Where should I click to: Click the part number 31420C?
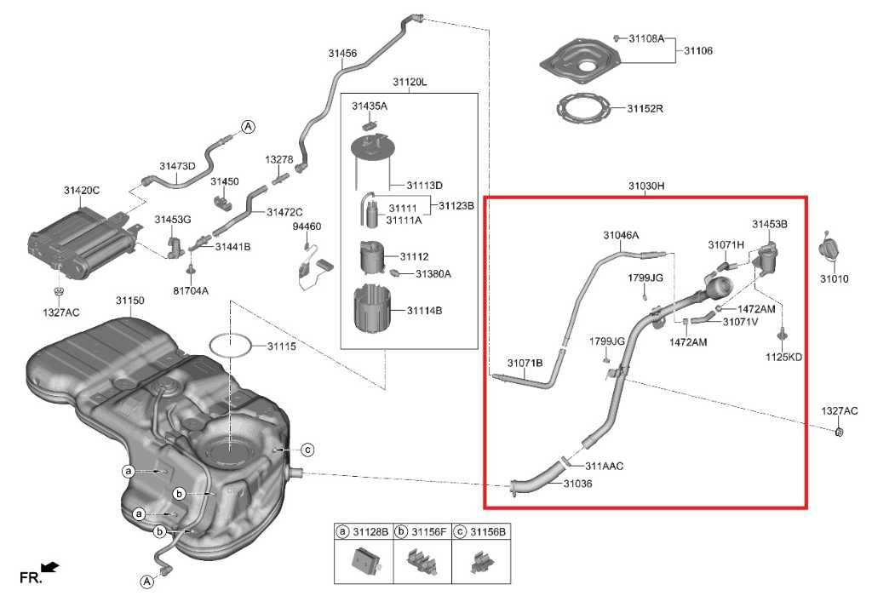(81, 190)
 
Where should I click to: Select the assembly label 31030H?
(646, 186)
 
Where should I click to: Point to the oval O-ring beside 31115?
(230, 345)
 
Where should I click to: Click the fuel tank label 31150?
(130, 301)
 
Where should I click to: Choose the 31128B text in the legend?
(370, 531)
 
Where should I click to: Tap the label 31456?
(342, 53)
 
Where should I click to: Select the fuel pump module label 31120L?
(410, 82)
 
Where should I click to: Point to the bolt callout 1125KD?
(783, 357)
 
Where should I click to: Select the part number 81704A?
(191, 290)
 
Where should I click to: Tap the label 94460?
(307, 226)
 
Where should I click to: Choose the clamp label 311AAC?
(604, 466)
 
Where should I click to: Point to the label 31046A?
(621, 235)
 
